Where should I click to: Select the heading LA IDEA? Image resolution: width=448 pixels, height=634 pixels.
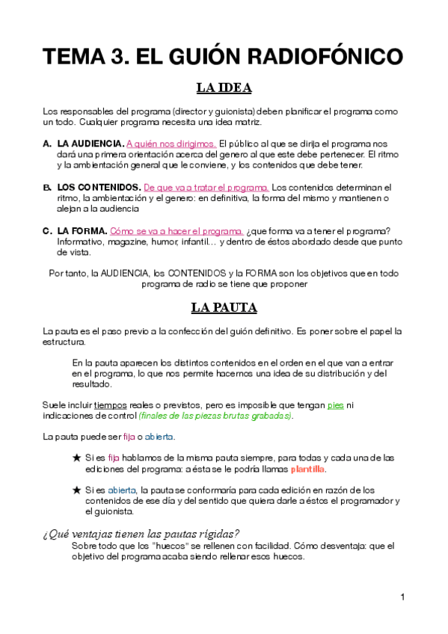pyautogui.click(x=224, y=88)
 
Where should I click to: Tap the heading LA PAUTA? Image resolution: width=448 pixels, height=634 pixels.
pyautogui.click(x=224, y=307)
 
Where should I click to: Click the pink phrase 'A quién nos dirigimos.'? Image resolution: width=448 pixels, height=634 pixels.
pyautogui.click(x=172, y=143)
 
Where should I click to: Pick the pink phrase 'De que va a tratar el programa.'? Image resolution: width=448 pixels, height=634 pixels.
pyautogui.click(x=206, y=187)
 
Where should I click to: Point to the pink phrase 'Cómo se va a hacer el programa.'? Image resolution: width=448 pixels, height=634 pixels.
pyautogui.click(x=187, y=231)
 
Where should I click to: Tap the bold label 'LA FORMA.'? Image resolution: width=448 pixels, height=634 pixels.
pyautogui.click(x=82, y=231)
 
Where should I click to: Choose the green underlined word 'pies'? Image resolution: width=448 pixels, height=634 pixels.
pyautogui.click(x=336, y=404)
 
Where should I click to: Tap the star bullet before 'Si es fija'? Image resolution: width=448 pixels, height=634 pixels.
pyautogui.click(x=77, y=458)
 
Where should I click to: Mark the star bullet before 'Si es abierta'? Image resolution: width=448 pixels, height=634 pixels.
pyautogui.click(x=77, y=490)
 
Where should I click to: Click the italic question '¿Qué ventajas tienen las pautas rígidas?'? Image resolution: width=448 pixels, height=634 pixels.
pyautogui.click(x=141, y=533)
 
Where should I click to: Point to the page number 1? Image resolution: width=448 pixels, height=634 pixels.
pyautogui.click(x=402, y=597)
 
